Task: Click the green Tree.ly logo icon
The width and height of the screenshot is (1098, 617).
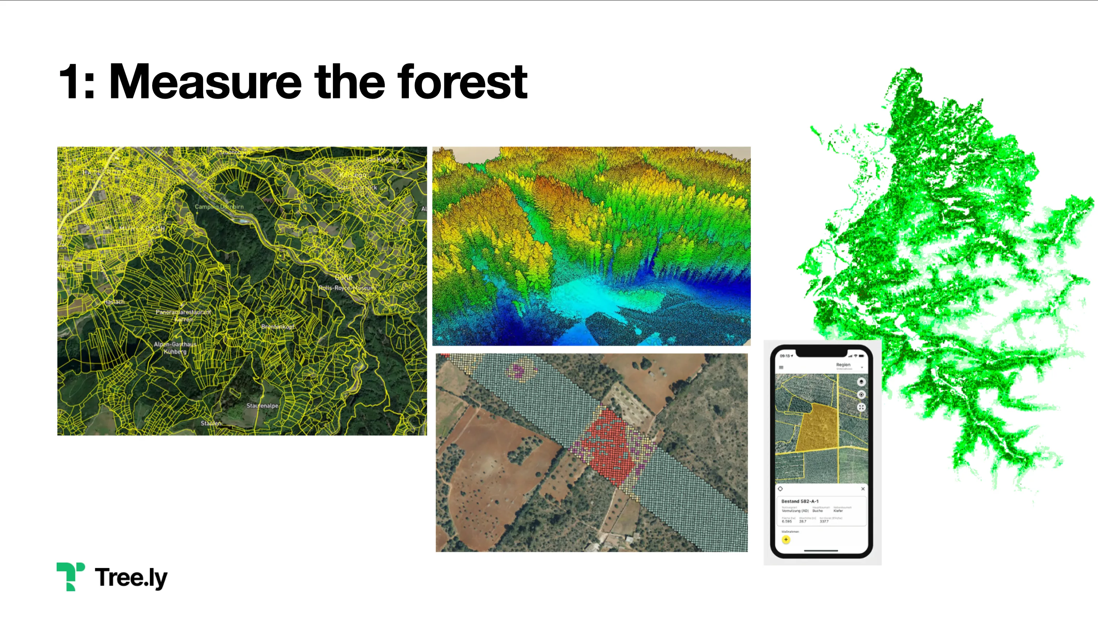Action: (x=70, y=576)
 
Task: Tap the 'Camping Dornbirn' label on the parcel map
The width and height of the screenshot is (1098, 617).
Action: (x=219, y=207)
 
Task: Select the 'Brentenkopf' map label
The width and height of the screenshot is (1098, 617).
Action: (x=278, y=326)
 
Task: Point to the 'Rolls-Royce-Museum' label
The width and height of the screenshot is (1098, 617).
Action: (x=346, y=288)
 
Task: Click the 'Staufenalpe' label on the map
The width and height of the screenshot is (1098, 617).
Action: (x=262, y=406)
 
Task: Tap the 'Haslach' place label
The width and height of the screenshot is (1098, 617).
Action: (x=114, y=302)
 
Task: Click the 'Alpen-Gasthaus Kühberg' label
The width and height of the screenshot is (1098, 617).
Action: (x=175, y=348)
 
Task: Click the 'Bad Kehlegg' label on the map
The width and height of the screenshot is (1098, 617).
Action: (x=382, y=159)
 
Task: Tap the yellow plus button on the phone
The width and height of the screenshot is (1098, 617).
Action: (x=786, y=539)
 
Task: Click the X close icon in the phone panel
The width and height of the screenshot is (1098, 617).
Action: (x=863, y=489)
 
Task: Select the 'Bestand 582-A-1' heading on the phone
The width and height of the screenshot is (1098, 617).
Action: (x=800, y=501)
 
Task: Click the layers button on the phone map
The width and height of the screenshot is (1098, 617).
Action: (x=861, y=382)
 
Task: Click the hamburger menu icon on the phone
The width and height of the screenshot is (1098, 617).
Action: (x=781, y=367)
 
